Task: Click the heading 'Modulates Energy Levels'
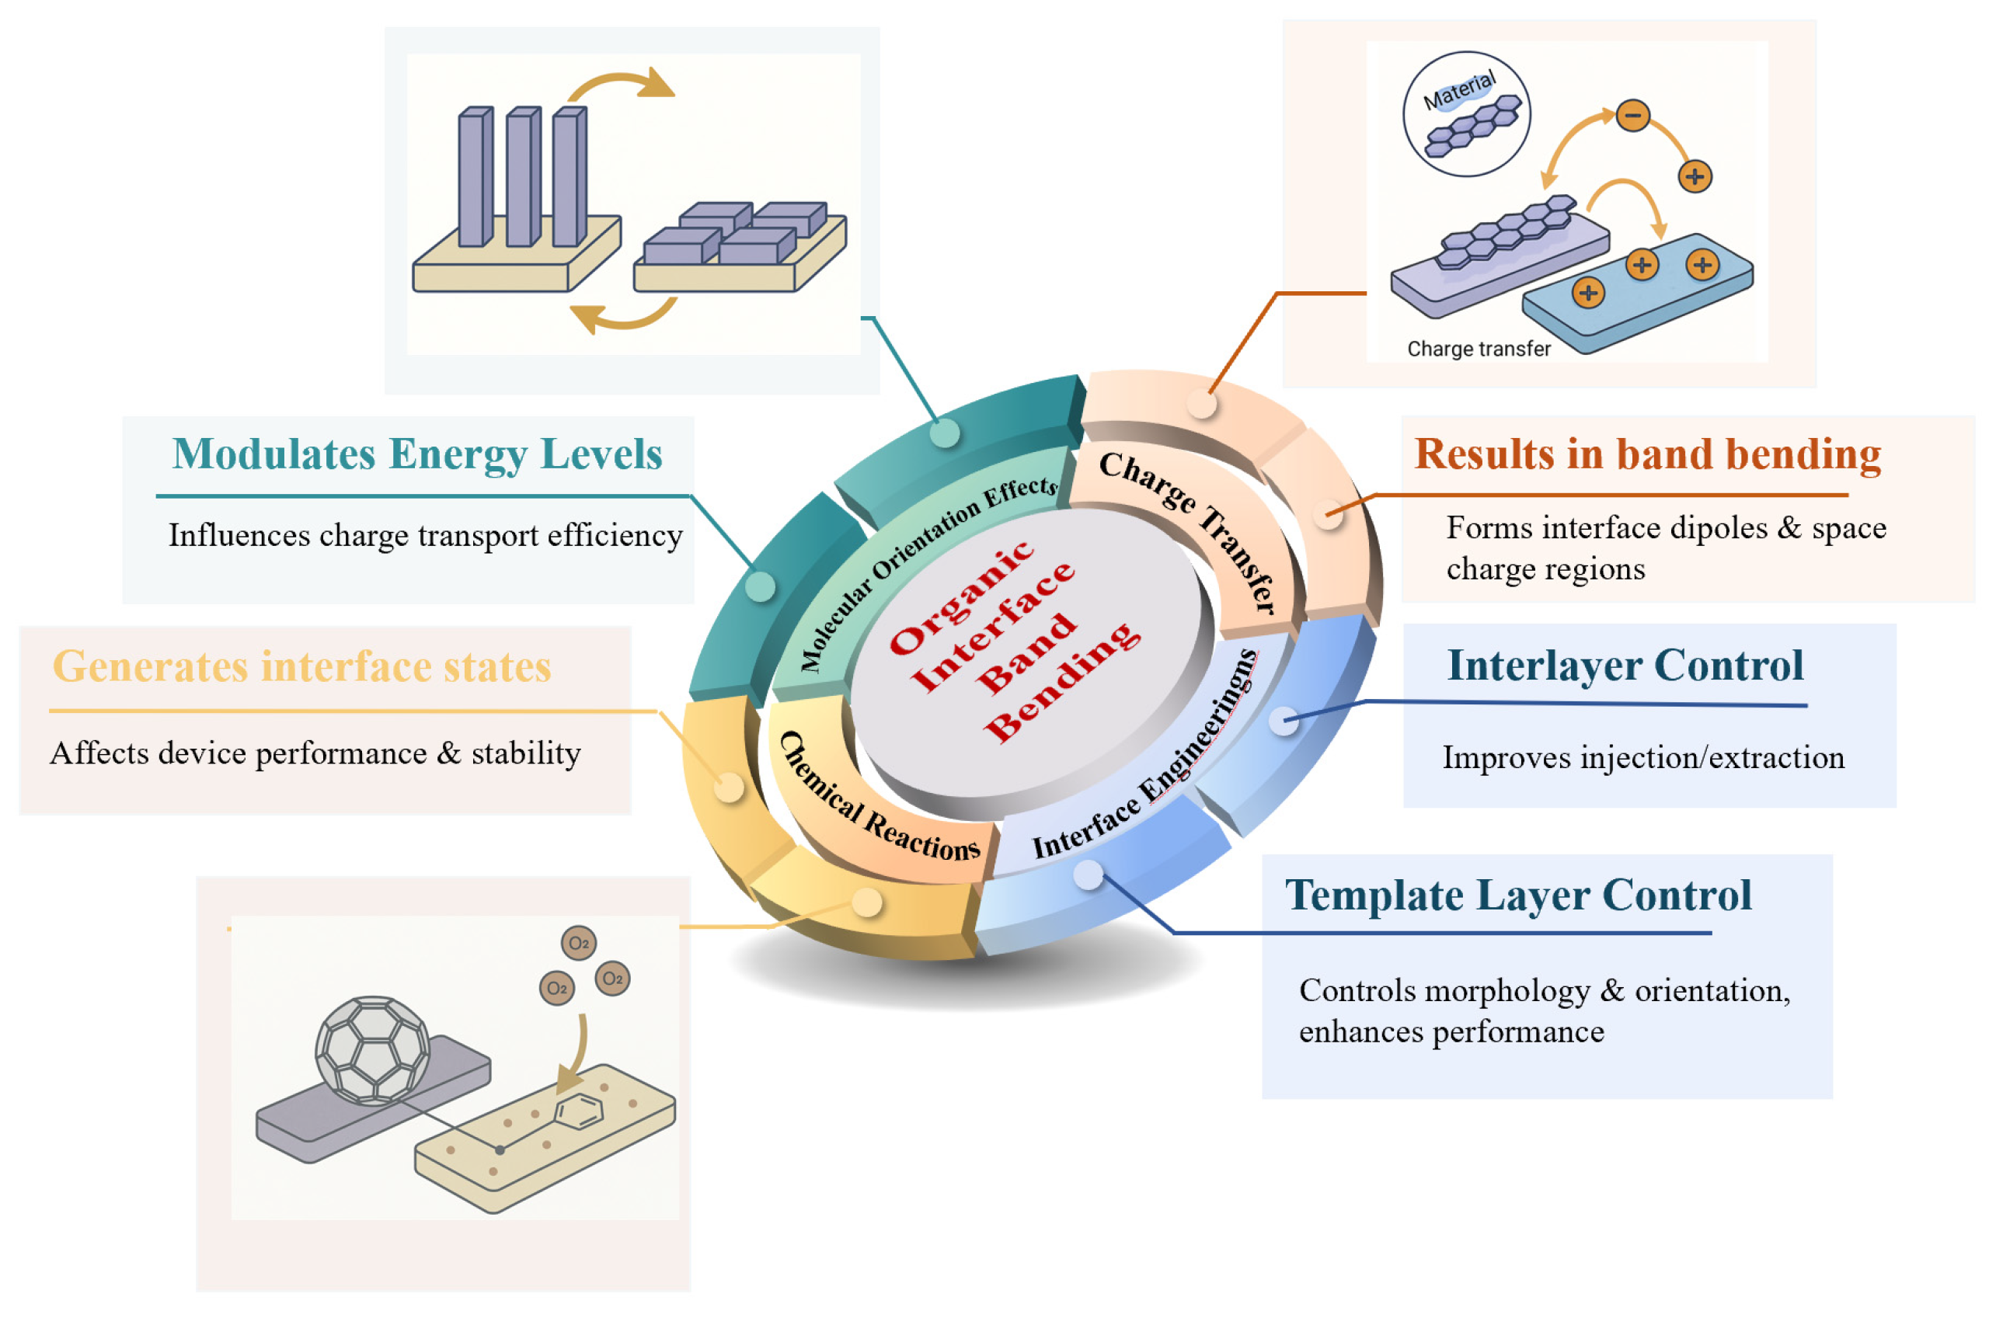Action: coord(417,455)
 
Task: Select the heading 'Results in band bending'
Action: coord(1647,455)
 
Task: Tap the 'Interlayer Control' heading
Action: coord(1624,666)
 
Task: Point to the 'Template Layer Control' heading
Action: coord(1517,895)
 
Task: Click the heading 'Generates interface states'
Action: coord(301,667)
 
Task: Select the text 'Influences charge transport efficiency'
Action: coord(425,535)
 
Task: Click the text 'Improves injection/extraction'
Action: coord(1642,757)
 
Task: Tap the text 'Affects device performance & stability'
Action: coord(315,753)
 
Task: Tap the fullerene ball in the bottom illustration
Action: coord(371,1050)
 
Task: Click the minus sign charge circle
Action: coord(1632,115)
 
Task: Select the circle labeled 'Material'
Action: coord(1466,113)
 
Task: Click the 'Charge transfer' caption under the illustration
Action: coord(1478,349)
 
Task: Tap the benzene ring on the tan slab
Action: coord(578,1111)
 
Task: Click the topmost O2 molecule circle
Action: coord(578,943)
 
